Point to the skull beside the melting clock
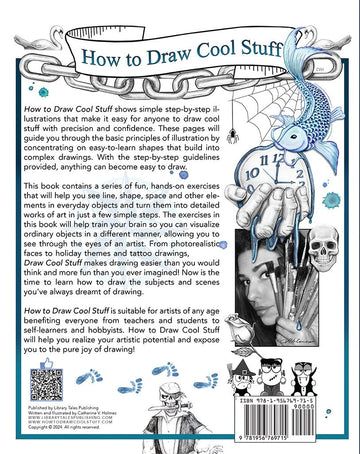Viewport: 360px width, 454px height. [x=330, y=243]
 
